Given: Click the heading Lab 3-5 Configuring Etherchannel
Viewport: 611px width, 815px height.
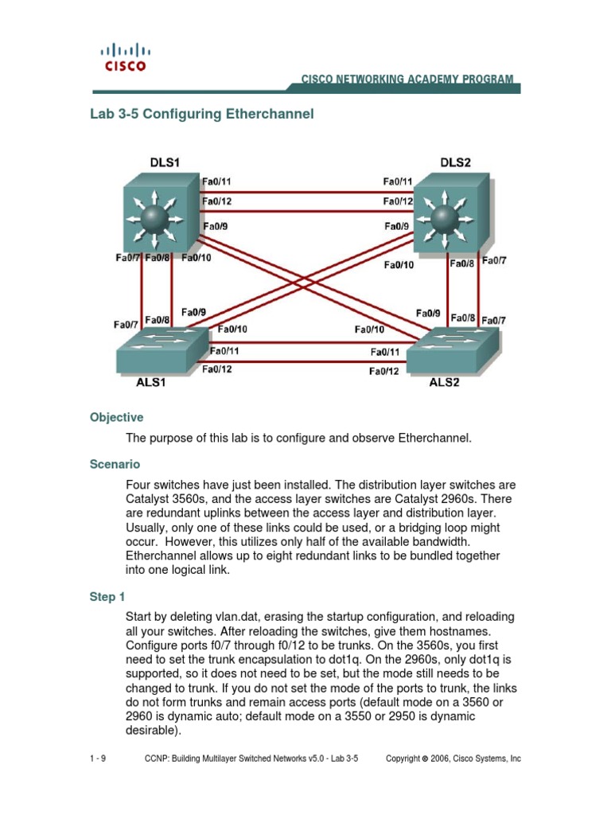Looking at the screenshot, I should (202, 114).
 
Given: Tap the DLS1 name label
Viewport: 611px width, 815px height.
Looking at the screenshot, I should (165, 162).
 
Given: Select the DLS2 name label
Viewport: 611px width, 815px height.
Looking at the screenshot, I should (455, 162).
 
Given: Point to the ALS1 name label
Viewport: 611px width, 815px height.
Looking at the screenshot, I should (150, 382).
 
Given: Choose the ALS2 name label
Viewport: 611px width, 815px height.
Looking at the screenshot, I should (446, 382).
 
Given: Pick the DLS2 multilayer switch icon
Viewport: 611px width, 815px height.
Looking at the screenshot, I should (451, 216).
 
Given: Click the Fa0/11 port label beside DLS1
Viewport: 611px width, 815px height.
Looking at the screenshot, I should (217, 181).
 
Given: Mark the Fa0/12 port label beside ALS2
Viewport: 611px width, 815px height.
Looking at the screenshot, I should (383, 371).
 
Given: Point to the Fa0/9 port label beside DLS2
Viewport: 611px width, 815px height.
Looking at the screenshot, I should (397, 227).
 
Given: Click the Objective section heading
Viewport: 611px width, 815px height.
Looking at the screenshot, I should (116, 417).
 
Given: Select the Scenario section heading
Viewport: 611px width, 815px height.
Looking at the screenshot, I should (115, 463).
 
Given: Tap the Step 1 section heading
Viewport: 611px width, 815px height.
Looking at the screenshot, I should (107, 597).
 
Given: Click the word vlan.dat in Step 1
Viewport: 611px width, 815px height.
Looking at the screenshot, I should (235, 617).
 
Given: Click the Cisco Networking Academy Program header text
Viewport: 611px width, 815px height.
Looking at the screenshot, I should (407, 80).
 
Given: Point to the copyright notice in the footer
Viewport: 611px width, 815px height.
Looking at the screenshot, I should (453, 759).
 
